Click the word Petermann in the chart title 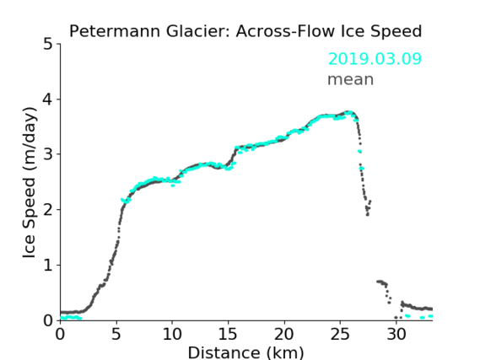coord(115,31)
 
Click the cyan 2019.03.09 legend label coord(375,59)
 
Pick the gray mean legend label coord(351,80)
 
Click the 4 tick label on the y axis coord(48,99)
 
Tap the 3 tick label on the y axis coord(48,154)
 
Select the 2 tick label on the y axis coord(48,210)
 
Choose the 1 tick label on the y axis coord(48,266)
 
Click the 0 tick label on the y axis coord(48,320)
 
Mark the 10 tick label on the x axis coord(172,334)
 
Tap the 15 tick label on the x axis coord(228,334)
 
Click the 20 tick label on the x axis coord(284,334)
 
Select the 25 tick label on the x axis coord(340,334)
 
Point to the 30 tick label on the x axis coord(396,334)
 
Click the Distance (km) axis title coord(245,352)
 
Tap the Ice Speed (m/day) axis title coord(30,183)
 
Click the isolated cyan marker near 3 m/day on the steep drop coord(359,151)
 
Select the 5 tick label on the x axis coord(116,334)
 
